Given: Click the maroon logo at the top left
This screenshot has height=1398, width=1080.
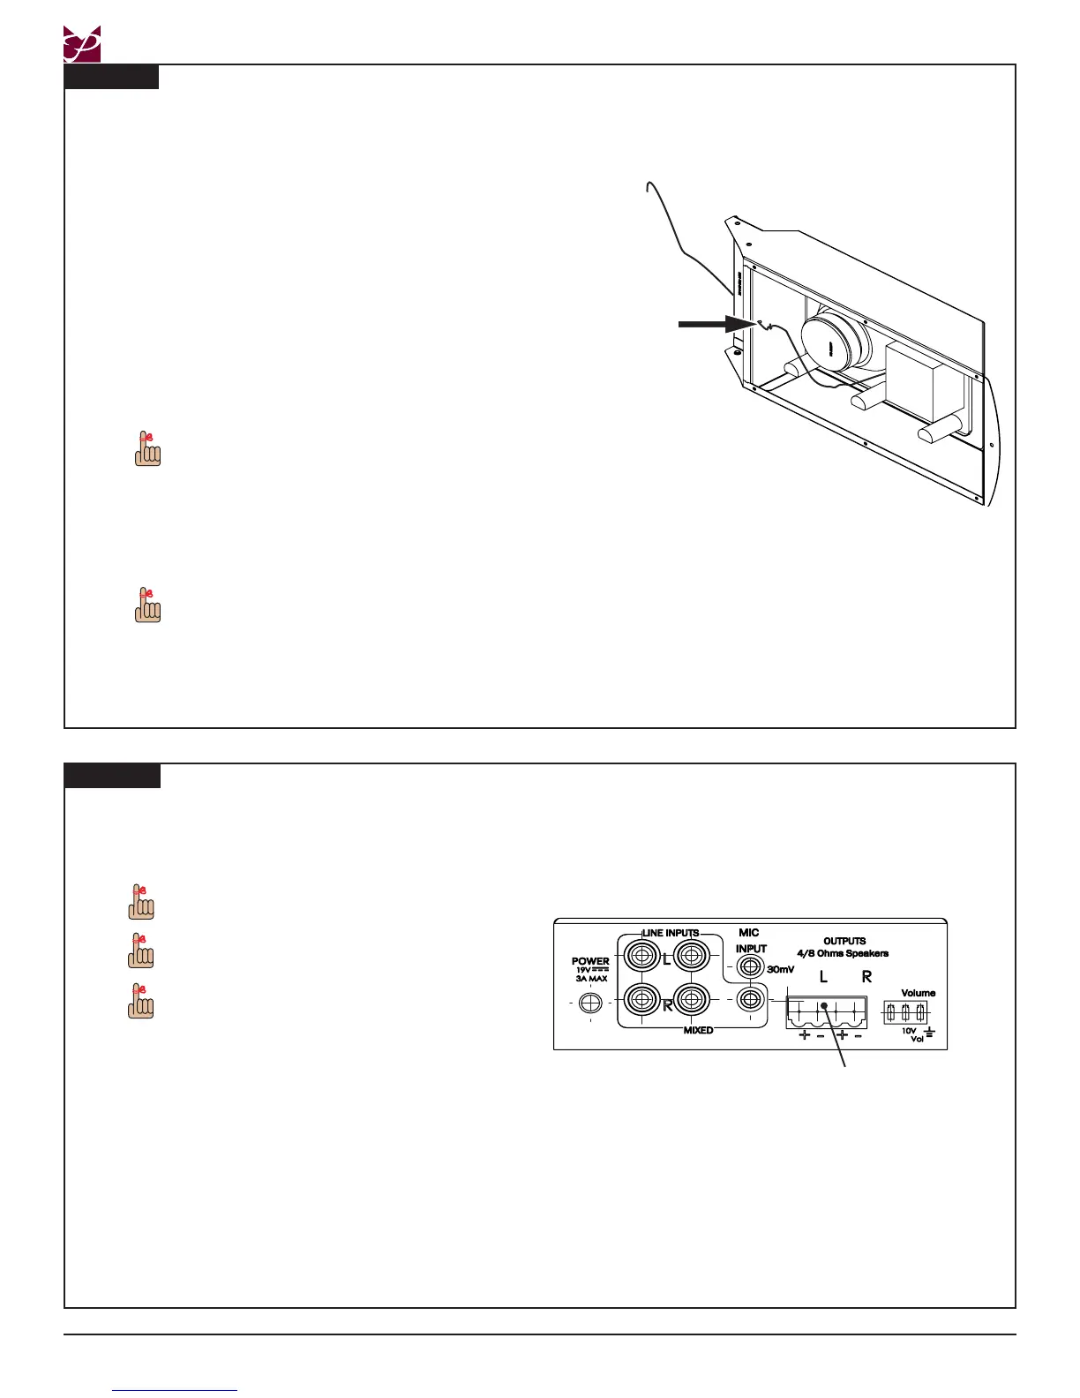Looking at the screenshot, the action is coord(82,44).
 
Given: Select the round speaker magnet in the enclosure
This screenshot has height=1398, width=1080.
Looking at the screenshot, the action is coord(830,346).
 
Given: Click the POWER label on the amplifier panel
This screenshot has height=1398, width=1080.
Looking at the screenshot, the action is coord(590,961).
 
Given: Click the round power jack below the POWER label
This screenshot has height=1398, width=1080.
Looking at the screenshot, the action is coord(590,1003).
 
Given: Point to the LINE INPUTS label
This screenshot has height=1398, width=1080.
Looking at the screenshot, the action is coord(671,933).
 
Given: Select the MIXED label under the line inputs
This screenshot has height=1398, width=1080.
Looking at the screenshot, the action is coord(698,1030).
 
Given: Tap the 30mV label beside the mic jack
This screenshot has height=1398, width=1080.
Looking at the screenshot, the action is coord(780,969).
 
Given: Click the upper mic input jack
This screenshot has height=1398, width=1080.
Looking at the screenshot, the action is coord(750,966).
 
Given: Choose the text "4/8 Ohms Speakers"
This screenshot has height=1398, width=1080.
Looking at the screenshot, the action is coord(843,953).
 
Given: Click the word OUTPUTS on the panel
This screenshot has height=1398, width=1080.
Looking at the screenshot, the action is coord(844,941).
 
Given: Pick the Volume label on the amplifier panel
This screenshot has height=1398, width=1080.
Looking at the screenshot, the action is coord(918,993).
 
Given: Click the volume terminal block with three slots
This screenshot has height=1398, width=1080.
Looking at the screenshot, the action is coord(905,1011).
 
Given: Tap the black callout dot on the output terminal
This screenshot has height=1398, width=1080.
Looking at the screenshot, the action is coord(823,1006).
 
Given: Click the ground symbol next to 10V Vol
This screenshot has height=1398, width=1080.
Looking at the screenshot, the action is coord(928,1032).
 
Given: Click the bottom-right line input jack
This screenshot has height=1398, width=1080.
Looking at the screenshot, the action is coord(692,1000).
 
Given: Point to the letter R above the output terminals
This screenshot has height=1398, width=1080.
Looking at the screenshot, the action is coord(866,977).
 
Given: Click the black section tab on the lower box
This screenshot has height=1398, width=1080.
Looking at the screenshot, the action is coord(112,776).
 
